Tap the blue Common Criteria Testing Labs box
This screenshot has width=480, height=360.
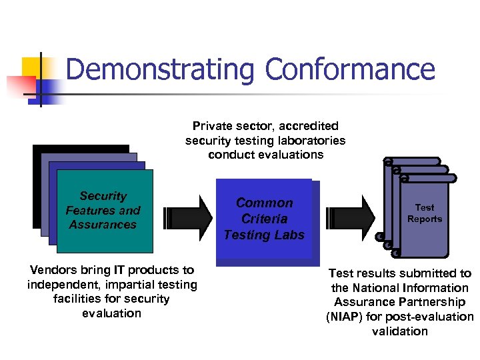(265, 219)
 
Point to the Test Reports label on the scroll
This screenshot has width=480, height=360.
(425, 213)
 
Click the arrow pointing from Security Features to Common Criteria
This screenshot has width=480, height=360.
(189, 217)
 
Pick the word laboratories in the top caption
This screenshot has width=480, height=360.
(311, 141)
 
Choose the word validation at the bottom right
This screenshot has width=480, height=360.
(400, 331)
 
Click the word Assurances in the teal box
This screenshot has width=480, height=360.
(103, 225)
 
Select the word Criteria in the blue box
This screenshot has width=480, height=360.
(265, 219)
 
